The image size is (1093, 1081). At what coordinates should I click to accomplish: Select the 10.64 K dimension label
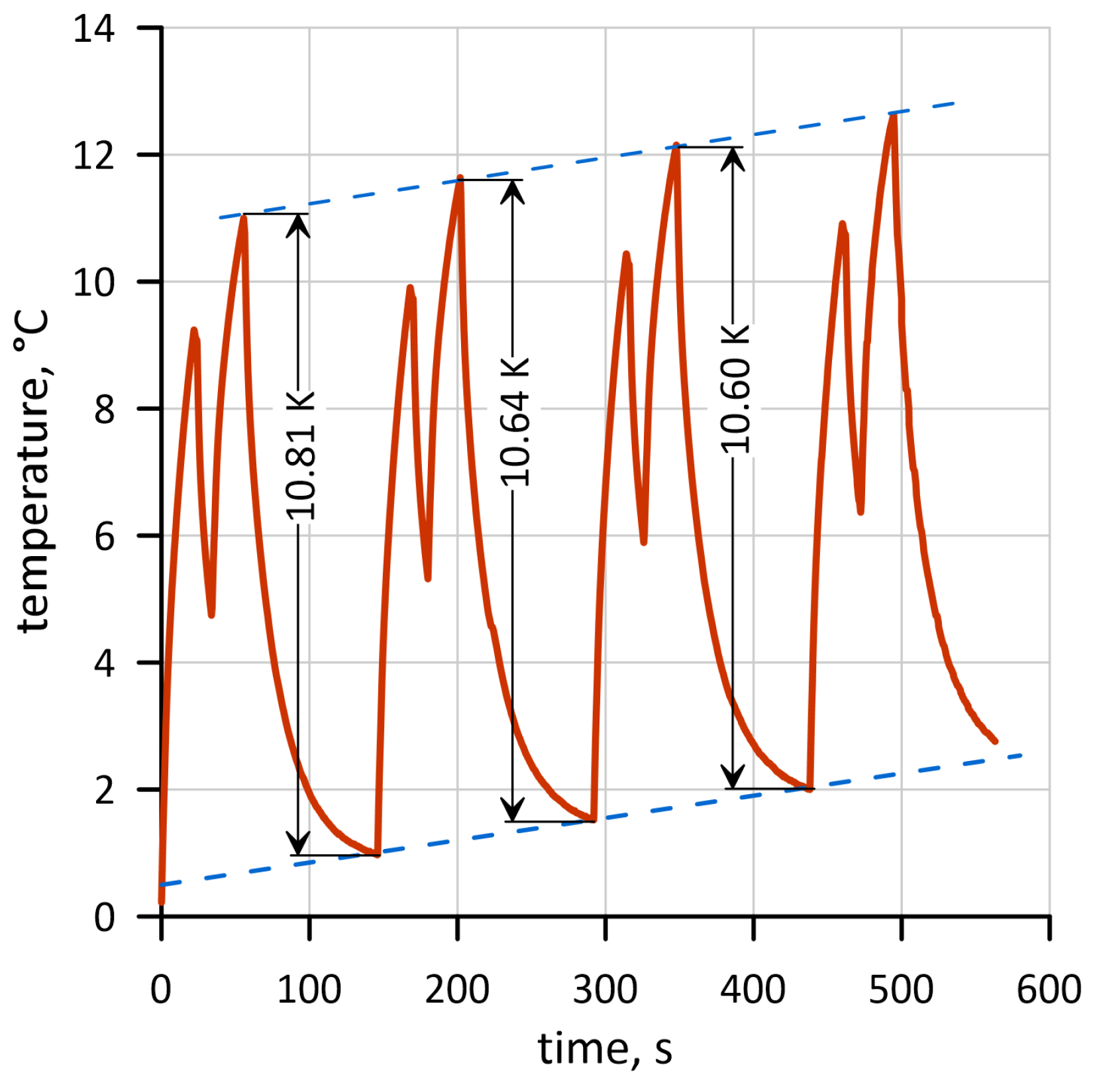pos(514,422)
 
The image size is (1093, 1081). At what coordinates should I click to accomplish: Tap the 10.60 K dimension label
pos(735,389)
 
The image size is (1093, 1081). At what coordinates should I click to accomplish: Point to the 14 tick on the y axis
pos(93,29)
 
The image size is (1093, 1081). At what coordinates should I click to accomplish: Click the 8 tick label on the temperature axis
pos(104,410)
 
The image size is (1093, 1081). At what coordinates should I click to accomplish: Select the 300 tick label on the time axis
pos(605,990)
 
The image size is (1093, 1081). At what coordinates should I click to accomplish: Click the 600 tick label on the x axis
pos(1049,990)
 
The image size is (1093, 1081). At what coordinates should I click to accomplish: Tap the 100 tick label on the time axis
pos(309,990)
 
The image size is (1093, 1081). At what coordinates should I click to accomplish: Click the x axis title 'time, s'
pos(605,1049)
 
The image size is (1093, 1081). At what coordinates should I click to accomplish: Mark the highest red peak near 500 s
pos(894,116)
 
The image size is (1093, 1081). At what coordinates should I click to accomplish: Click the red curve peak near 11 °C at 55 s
pos(244,217)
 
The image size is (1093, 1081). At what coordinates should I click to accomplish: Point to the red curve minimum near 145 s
pos(376,854)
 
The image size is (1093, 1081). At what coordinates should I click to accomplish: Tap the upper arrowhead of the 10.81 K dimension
pos(298,224)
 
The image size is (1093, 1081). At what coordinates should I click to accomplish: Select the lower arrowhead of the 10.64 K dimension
pos(513,811)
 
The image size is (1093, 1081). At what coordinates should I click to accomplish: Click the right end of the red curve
pos(995,741)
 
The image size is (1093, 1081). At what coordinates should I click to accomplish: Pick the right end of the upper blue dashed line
pos(954,103)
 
